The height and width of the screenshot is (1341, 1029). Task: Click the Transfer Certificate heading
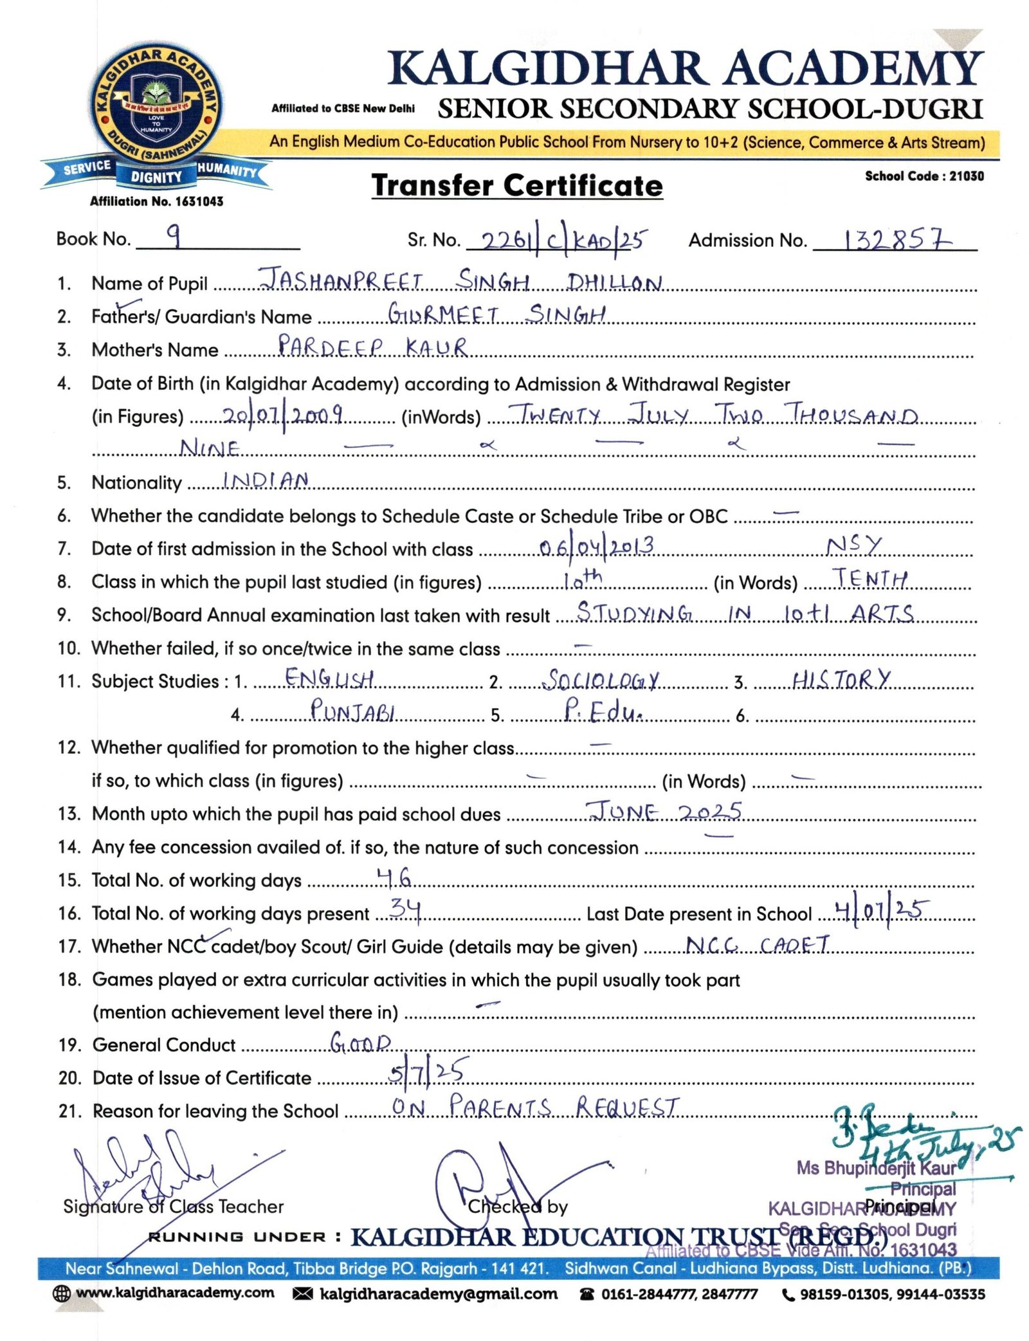coord(516,186)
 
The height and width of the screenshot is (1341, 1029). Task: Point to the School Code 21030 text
coord(924,176)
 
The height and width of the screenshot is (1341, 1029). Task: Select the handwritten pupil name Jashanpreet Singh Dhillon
coord(460,281)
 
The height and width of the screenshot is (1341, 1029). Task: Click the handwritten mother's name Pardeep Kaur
coord(372,347)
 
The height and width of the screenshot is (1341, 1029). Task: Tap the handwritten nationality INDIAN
coord(265,480)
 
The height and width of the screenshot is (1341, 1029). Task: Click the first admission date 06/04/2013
coord(596,547)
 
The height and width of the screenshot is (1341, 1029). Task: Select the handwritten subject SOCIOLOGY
coord(601,680)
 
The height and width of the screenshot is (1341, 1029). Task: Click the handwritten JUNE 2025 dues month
coord(665,812)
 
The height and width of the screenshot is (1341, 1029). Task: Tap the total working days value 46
coord(394,877)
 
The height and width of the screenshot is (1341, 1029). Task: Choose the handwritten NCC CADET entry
coord(758,944)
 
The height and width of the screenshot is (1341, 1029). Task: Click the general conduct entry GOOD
coord(360,1042)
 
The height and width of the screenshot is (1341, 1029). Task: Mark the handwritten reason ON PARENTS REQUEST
coord(535,1107)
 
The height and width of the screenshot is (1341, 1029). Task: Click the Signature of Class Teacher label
coord(173,1207)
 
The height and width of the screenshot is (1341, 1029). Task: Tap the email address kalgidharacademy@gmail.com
coord(438,1293)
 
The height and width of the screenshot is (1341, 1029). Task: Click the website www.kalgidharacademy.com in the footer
coord(174,1293)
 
